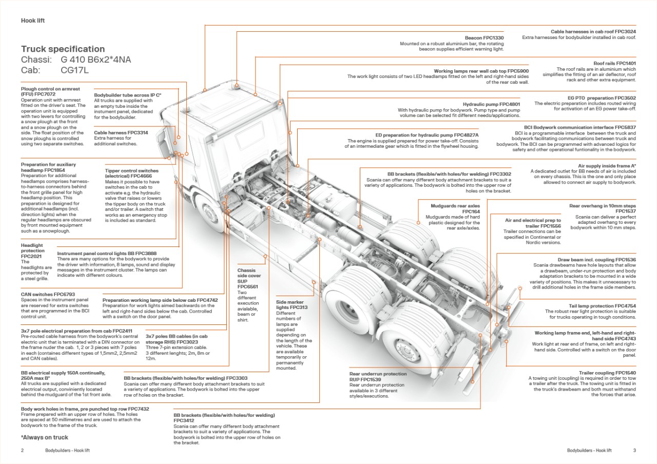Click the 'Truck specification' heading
[63, 49]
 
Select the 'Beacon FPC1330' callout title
[484, 38]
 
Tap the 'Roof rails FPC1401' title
[614, 63]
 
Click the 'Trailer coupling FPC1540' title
[607, 373]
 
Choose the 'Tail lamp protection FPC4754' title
[598, 306]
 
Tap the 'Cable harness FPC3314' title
[121, 133]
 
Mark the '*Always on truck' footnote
[44, 438]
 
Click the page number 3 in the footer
[634, 451]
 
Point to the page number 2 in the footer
[23, 451]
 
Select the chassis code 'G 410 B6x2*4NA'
[95, 60]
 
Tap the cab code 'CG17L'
[74, 70]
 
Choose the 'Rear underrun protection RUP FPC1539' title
[378, 377]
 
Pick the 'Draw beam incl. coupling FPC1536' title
[596, 260]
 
